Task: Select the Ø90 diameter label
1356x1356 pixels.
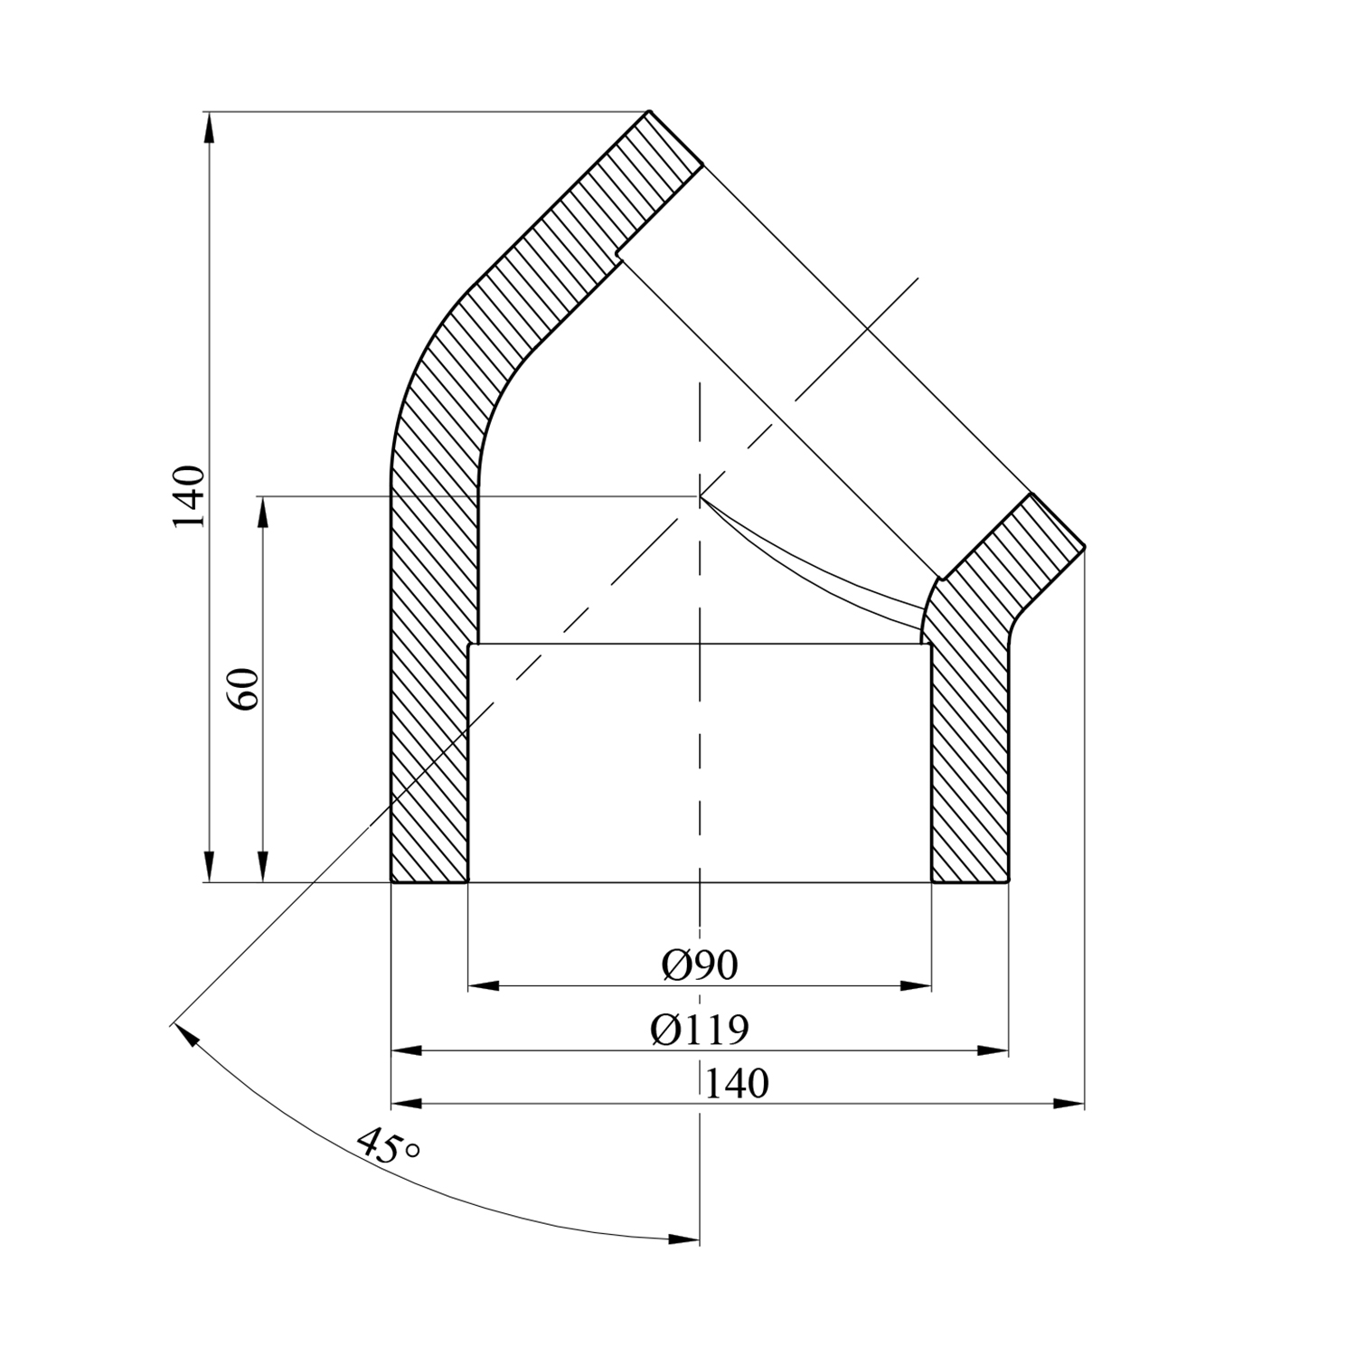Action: click(x=700, y=965)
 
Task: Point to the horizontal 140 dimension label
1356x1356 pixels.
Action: click(x=736, y=1083)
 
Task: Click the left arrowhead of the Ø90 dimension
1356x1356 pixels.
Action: click(x=484, y=985)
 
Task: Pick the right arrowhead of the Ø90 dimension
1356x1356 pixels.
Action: click(x=915, y=985)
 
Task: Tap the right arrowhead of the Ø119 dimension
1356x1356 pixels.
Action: click(x=993, y=1050)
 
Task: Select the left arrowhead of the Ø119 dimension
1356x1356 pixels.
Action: click(x=407, y=1050)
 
